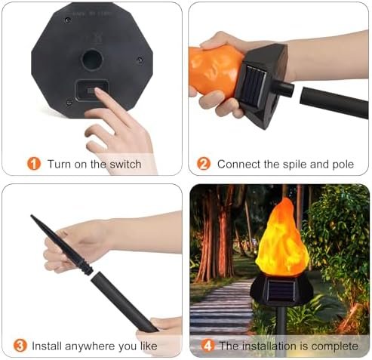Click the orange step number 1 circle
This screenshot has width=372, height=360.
34,164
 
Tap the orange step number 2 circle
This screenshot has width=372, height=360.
204,164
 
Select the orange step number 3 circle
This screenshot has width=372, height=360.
20,346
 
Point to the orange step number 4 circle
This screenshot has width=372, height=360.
208,346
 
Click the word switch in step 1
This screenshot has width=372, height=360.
125,165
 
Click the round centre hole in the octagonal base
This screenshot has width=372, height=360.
92,60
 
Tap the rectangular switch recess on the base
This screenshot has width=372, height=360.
92,90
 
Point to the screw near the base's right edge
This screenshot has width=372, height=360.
140,60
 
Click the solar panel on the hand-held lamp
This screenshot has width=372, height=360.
253,87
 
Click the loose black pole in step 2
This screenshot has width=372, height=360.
334,103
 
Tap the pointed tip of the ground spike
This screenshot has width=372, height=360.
32,216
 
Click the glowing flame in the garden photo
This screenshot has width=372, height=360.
282,238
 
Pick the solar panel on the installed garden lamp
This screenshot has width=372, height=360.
281,291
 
